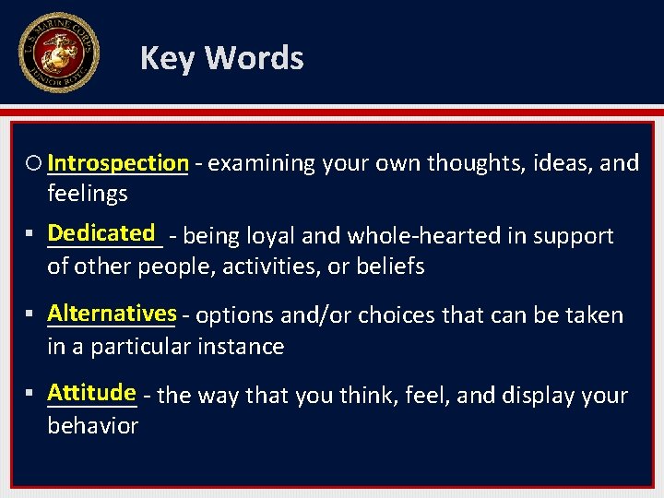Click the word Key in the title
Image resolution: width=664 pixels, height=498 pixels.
tap(168, 58)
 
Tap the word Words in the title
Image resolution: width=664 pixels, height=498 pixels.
tap(254, 58)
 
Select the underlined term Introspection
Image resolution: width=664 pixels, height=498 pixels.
tap(118, 163)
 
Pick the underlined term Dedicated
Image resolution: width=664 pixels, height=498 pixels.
tap(101, 233)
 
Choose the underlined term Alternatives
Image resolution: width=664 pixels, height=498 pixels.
tap(112, 313)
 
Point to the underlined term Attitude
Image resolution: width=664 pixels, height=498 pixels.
tap(91, 393)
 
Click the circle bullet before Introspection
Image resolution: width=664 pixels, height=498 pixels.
tap(35, 164)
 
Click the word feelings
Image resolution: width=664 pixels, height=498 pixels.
tap(88, 194)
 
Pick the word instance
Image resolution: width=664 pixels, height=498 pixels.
tap(243, 347)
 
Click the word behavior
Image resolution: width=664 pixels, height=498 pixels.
tap(92, 426)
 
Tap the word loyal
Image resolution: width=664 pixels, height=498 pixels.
tap(267, 236)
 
